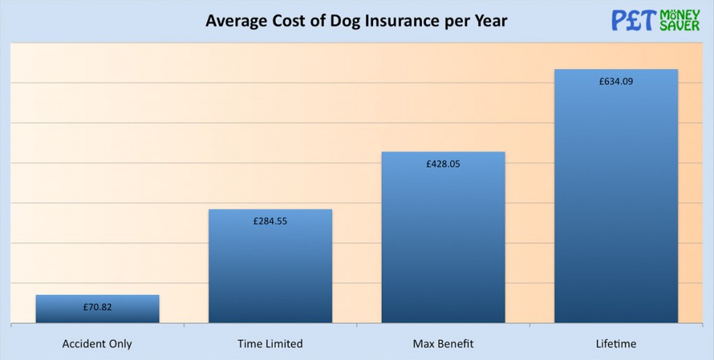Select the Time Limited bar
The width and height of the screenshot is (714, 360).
(271, 272)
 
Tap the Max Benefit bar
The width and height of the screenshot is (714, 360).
(443, 244)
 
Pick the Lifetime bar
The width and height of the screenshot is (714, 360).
(616, 209)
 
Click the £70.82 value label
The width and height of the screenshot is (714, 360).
(98, 307)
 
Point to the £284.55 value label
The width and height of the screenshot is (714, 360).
(271, 222)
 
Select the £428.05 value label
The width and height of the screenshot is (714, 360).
(443, 165)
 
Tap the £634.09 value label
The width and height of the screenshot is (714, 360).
(616, 82)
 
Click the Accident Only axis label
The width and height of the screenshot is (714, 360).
(97, 344)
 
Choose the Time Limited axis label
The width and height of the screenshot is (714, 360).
(270, 344)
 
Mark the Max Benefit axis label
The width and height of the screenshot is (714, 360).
(443, 344)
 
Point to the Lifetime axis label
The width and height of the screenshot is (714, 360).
(616, 344)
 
